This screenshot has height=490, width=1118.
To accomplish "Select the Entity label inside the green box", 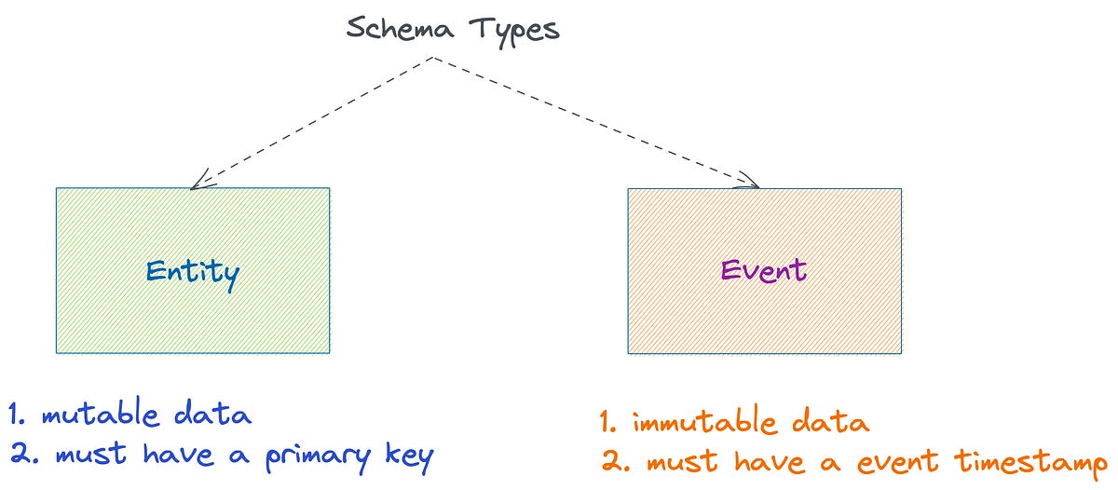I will click(x=192, y=272).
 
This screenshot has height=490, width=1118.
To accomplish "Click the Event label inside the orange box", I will click(x=763, y=270).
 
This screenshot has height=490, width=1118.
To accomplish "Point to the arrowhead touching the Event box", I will click(x=751, y=184).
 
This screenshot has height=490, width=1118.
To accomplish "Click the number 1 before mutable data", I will click(x=14, y=415).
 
